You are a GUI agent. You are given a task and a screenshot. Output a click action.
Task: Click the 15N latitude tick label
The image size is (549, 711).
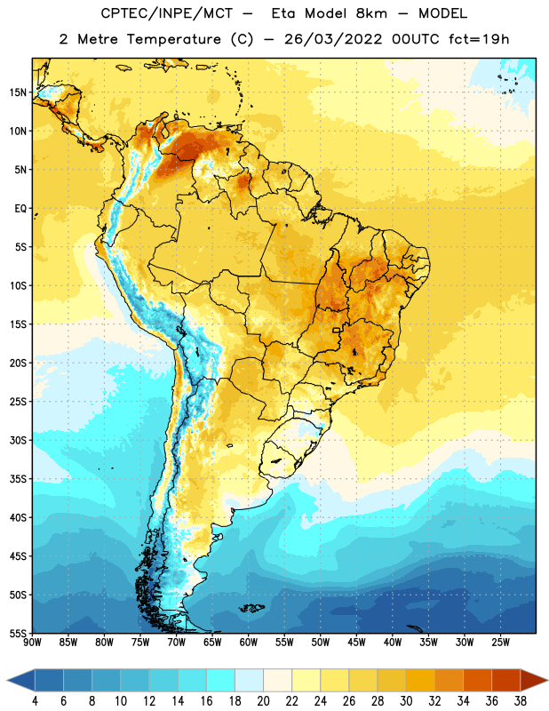point(18,92)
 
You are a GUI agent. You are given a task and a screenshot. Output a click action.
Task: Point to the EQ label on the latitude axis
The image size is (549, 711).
point(20,209)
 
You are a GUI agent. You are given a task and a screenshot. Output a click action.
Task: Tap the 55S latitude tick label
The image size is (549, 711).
point(18,633)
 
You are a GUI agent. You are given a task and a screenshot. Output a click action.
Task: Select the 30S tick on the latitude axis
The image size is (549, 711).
point(18,440)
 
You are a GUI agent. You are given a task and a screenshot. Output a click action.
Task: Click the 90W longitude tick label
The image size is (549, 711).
point(32,643)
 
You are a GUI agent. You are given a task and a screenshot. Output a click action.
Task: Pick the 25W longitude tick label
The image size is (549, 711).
point(500,643)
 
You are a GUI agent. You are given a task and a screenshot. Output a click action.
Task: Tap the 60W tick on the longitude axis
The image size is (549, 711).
point(249,643)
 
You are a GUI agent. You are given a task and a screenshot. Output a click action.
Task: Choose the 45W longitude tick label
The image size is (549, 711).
point(357,643)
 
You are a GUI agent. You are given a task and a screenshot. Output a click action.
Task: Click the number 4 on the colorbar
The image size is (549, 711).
point(35,701)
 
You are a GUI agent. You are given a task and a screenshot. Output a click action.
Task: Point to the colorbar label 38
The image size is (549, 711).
point(520,701)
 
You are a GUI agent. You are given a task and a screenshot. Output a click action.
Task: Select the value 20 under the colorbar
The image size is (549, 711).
point(263,701)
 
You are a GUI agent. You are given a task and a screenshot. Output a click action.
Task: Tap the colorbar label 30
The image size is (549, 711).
point(406,701)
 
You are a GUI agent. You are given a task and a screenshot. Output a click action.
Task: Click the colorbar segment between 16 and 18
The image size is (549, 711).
point(221,680)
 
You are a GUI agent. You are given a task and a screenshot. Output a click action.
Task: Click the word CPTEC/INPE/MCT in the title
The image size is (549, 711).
point(166,13)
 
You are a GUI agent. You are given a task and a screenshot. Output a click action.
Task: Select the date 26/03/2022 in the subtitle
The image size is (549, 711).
point(333,39)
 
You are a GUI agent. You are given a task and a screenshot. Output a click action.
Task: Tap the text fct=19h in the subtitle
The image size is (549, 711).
point(479,39)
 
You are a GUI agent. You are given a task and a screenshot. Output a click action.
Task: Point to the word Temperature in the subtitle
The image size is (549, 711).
point(173,39)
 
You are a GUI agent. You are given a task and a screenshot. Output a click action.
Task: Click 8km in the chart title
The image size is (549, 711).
point(371,13)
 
